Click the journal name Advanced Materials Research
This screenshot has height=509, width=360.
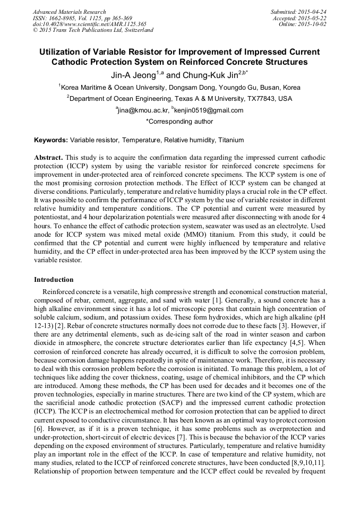pyautogui.click(x=69, y=12)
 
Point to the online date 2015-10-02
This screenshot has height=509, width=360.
pyautogui.click(x=314, y=24)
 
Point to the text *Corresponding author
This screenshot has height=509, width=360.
pyautogui.click(x=179, y=122)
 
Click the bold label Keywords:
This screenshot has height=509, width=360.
pyautogui.click(x=51, y=140)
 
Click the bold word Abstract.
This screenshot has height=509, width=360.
pyautogui.click(x=49, y=158)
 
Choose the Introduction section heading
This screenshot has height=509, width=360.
pyautogui.click(x=54, y=280)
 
